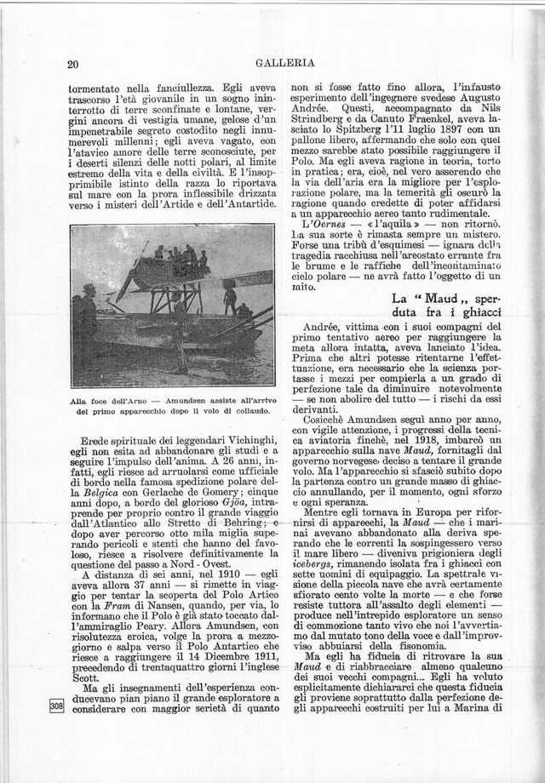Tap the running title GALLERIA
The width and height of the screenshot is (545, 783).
[285, 62]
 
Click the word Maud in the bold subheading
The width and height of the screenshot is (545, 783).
[442, 299]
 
